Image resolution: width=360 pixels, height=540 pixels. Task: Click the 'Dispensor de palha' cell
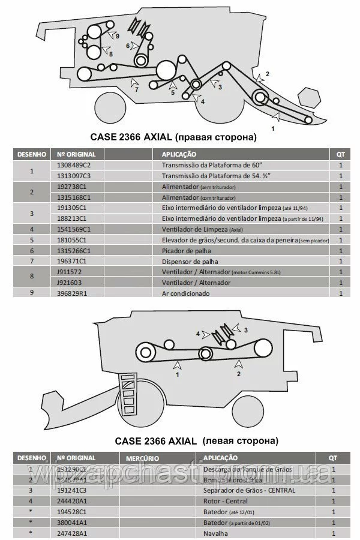click(190, 261)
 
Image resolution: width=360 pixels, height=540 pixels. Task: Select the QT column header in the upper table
click(341, 154)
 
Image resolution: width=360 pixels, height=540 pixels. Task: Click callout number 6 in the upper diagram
click(128, 46)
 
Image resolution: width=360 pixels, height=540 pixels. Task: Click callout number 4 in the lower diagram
click(197, 333)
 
